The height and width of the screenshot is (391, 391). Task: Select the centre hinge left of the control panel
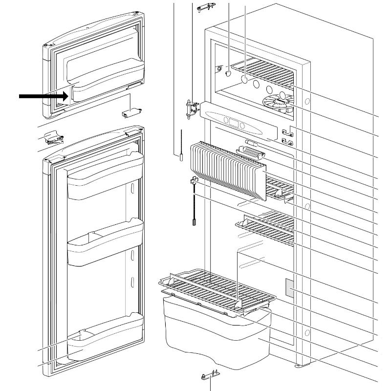(191, 109)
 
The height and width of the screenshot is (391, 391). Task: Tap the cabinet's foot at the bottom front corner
(297, 365)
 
